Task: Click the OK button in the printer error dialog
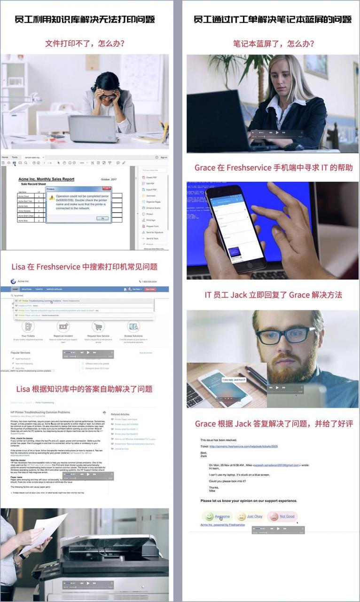[102, 218]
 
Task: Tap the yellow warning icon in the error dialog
[52, 198]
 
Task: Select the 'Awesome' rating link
[222, 516]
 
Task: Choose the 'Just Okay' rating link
[255, 516]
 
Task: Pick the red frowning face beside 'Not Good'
[273, 517]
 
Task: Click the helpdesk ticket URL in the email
[245, 446]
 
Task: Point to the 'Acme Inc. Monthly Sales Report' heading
[46, 179]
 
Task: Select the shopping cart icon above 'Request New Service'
[98, 326]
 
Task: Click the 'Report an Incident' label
[63, 336]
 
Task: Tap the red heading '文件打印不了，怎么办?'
[85, 44]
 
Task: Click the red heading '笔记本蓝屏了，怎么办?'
[274, 44]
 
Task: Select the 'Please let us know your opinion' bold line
[249, 501]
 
